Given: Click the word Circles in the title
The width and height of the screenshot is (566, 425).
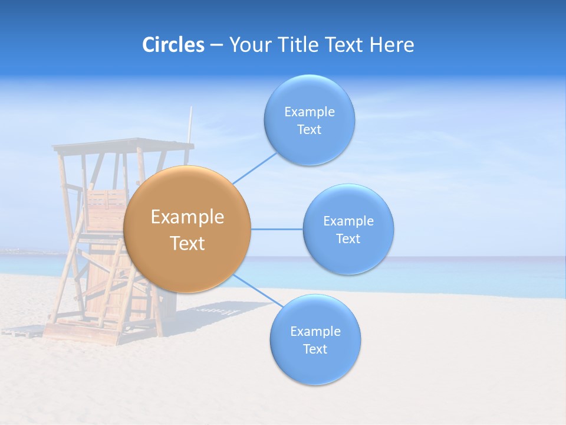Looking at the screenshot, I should [x=173, y=45].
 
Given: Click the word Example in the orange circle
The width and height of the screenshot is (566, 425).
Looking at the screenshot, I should [x=187, y=217].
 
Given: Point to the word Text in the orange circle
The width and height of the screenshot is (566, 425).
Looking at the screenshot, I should [x=187, y=243].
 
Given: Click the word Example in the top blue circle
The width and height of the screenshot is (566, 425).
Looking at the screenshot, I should [x=310, y=112].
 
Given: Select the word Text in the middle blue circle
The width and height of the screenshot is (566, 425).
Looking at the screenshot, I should [x=348, y=239].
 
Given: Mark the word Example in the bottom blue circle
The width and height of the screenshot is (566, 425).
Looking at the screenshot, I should [x=315, y=332].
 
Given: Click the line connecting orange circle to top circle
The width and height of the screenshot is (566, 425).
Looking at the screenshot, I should [x=255, y=168].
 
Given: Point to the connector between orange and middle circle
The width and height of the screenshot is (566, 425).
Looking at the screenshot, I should [x=277, y=228].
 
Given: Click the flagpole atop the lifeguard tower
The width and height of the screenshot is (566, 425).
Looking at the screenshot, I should [x=190, y=124].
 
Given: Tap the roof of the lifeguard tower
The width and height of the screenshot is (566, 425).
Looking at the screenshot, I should [x=124, y=144].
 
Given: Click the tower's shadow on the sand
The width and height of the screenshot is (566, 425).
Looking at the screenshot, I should [x=218, y=310].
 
